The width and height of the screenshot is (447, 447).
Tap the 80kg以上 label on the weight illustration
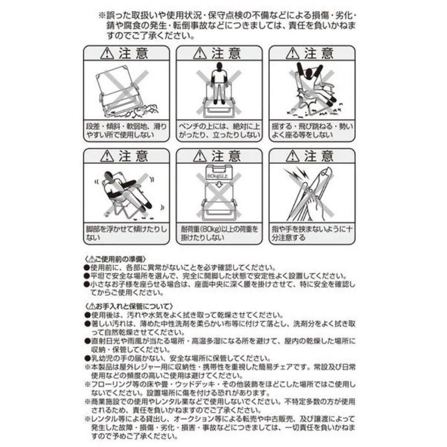(x=219, y=176)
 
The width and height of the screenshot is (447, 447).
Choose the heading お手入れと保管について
(x=126, y=306)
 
